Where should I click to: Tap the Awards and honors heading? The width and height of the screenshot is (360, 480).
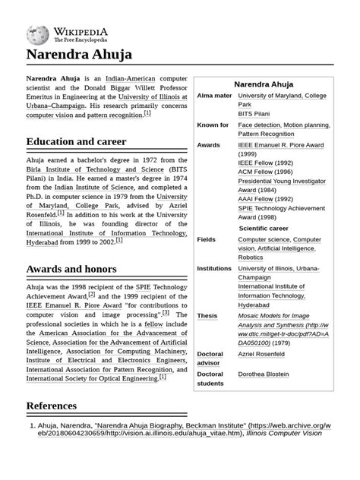point(71,269)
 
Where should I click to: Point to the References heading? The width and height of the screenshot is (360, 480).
point(52,406)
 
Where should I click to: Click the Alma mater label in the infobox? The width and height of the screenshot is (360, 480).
point(214,96)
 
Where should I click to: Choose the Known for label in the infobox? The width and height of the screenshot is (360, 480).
point(213,125)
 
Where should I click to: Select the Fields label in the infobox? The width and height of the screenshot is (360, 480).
point(207,239)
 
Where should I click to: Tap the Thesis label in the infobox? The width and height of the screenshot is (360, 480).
point(207,315)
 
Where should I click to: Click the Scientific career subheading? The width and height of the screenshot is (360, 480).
point(264,228)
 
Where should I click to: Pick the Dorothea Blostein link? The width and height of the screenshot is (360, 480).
point(273,374)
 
